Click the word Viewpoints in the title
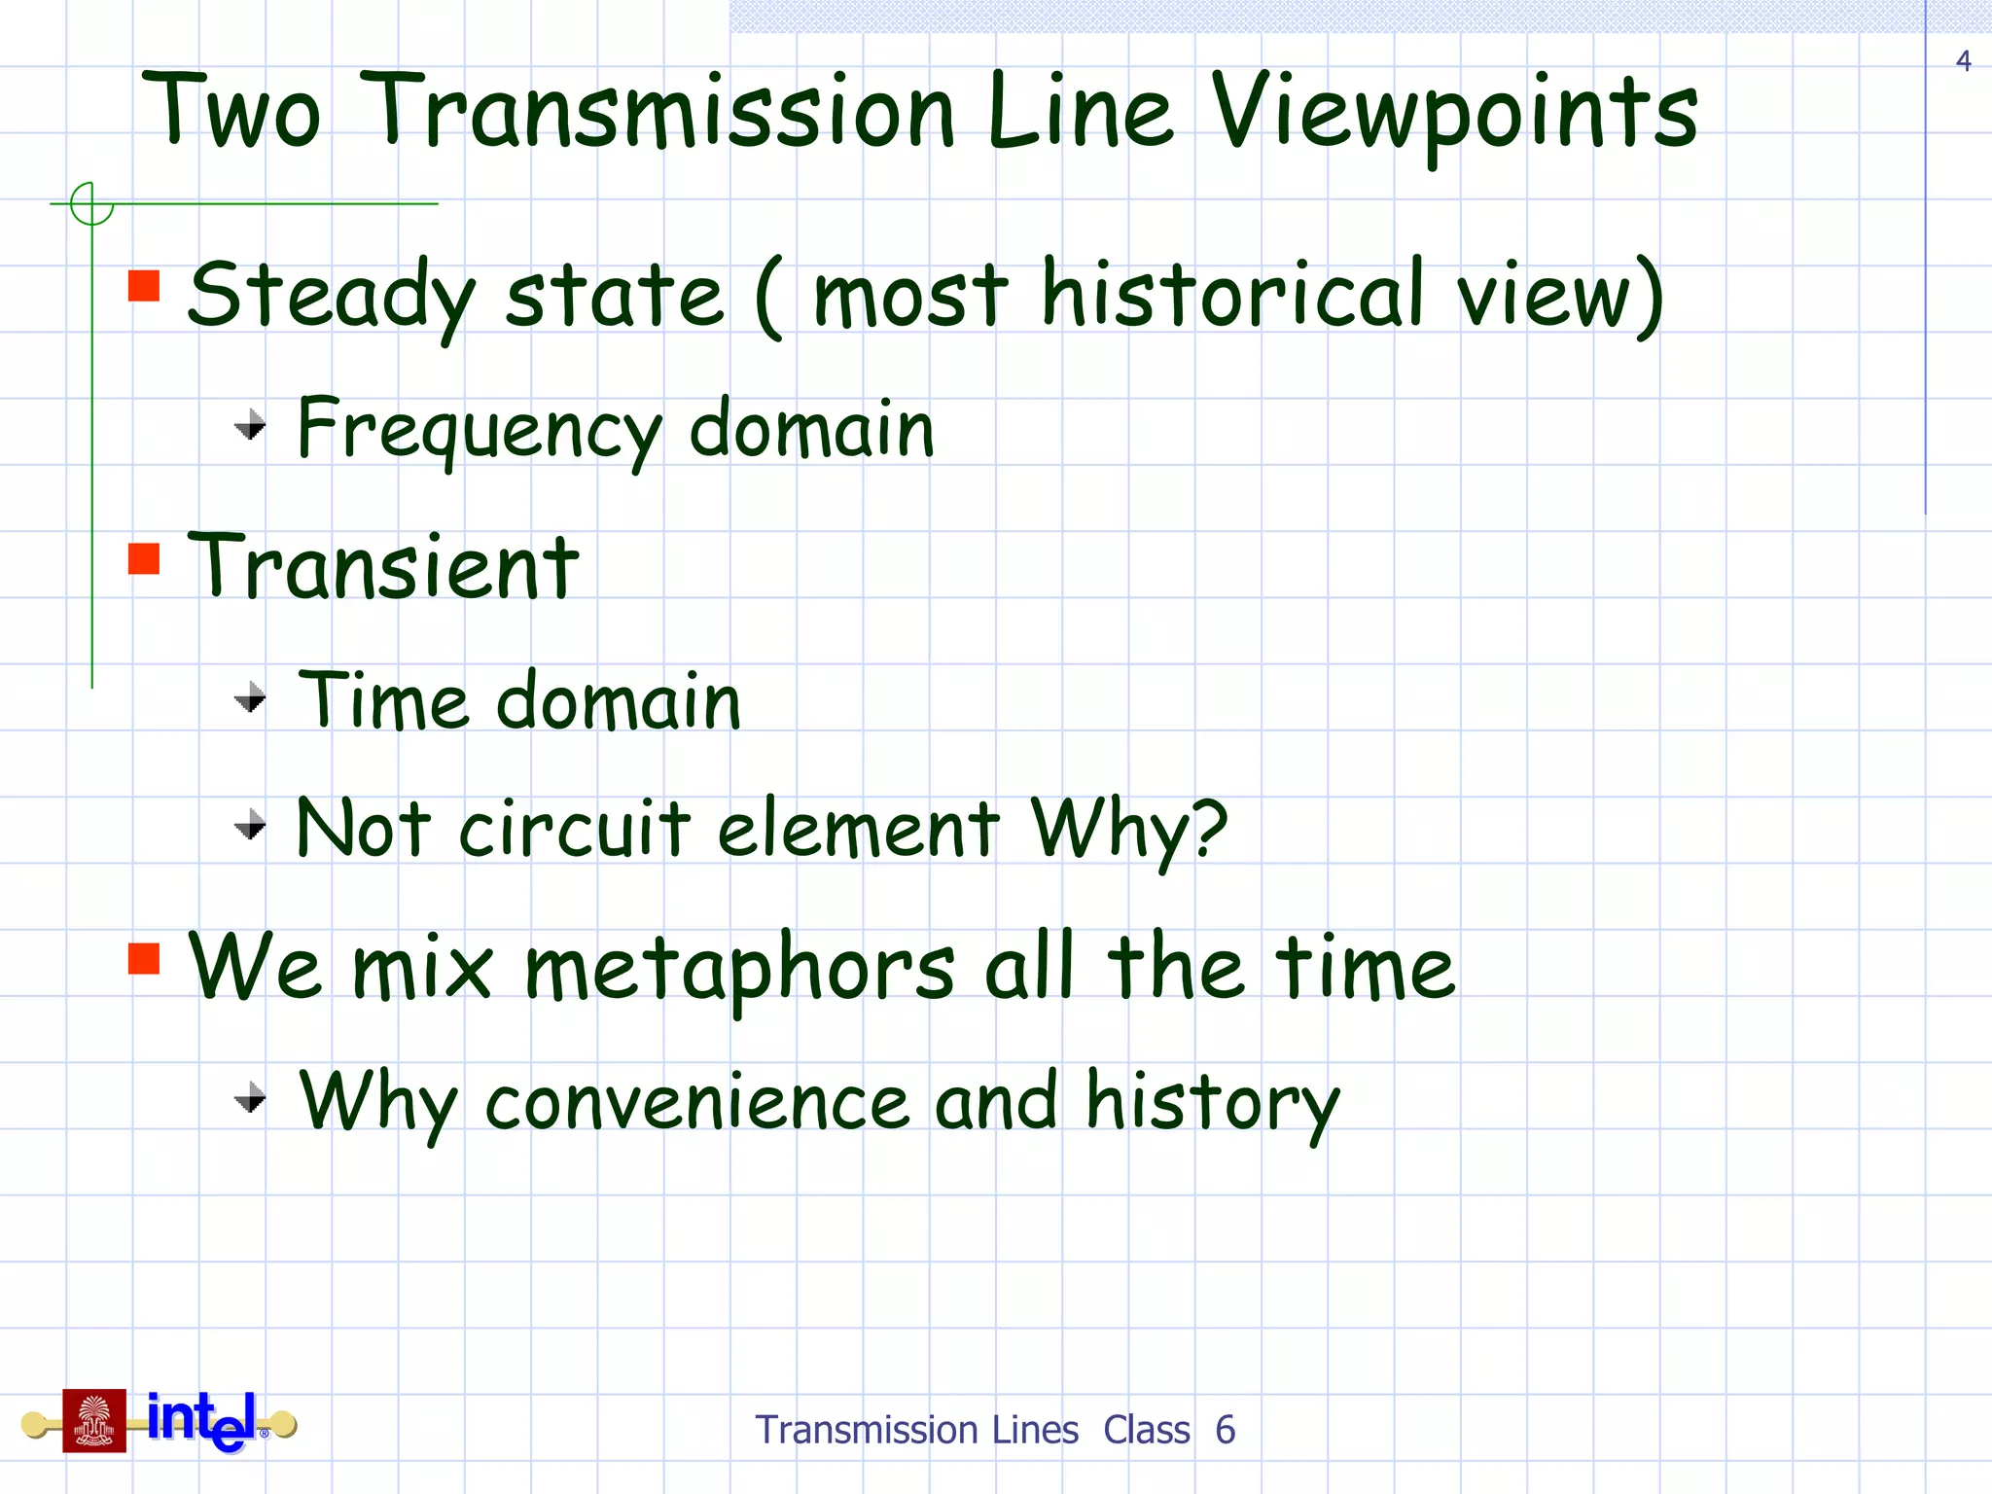[1454, 115]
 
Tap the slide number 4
[1963, 61]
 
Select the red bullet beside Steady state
[144, 286]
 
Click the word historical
[1233, 294]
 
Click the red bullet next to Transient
[144, 558]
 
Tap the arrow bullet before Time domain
[251, 697]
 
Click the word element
[858, 829]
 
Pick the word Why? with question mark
[1129, 829]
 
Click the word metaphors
[739, 969]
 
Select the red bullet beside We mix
[144, 959]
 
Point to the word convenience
[696, 1103]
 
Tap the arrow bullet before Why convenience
[251, 1097]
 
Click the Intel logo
[203, 1420]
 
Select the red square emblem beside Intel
[94, 1420]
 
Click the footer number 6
[1225, 1430]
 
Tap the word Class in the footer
[1146, 1430]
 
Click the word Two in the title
[231, 113]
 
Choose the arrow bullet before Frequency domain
[251, 425]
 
